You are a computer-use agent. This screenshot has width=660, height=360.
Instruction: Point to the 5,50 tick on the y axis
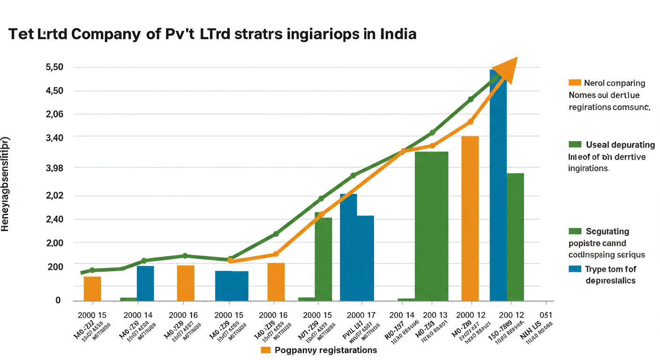tap(54, 67)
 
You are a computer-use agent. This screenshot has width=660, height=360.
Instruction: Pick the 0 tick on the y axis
tap(58, 300)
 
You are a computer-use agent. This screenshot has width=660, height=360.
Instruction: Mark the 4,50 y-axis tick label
tap(54, 90)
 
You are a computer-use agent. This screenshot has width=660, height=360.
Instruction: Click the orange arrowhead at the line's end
tap(506, 69)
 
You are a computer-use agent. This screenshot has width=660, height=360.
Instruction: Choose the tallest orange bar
tap(470, 218)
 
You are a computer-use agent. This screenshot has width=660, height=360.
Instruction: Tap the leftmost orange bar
tap(92, 288)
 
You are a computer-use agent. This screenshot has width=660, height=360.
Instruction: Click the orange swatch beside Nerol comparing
tap(575, 83)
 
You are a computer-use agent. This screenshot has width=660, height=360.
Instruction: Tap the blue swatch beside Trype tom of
tap(575, 269)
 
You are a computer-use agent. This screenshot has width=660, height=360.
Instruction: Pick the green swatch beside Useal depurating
tap(575, 144)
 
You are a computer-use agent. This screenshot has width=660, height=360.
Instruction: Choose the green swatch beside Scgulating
tap(575, 231)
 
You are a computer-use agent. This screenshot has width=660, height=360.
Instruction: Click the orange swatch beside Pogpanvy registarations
tap(266, 350)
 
